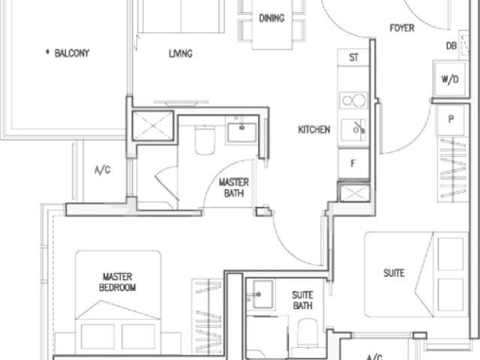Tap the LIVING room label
tap(181, 53)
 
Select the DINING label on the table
tap(271, 19)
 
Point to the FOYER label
tap(402, 28)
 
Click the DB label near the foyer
tap(451, 46)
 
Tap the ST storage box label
tap(352, 57)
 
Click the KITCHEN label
tap(313, 130)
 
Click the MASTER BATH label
tap(234, 187)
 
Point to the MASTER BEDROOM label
tap(118, 282)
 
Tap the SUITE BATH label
tap(302, 301)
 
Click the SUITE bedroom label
tap(394, 274)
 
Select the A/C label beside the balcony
tap(102, 170)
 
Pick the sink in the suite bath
tap(262, 295)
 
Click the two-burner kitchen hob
tap(352, 101)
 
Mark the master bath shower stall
tap(152, 126)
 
